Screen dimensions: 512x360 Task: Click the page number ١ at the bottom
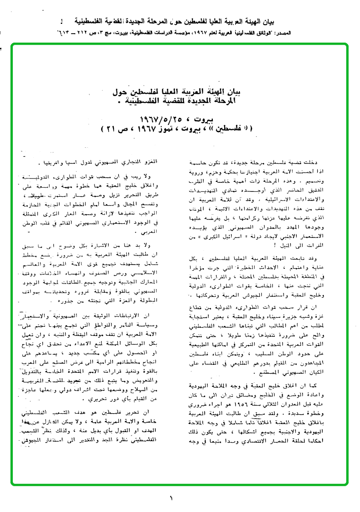(x=171, y=498)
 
